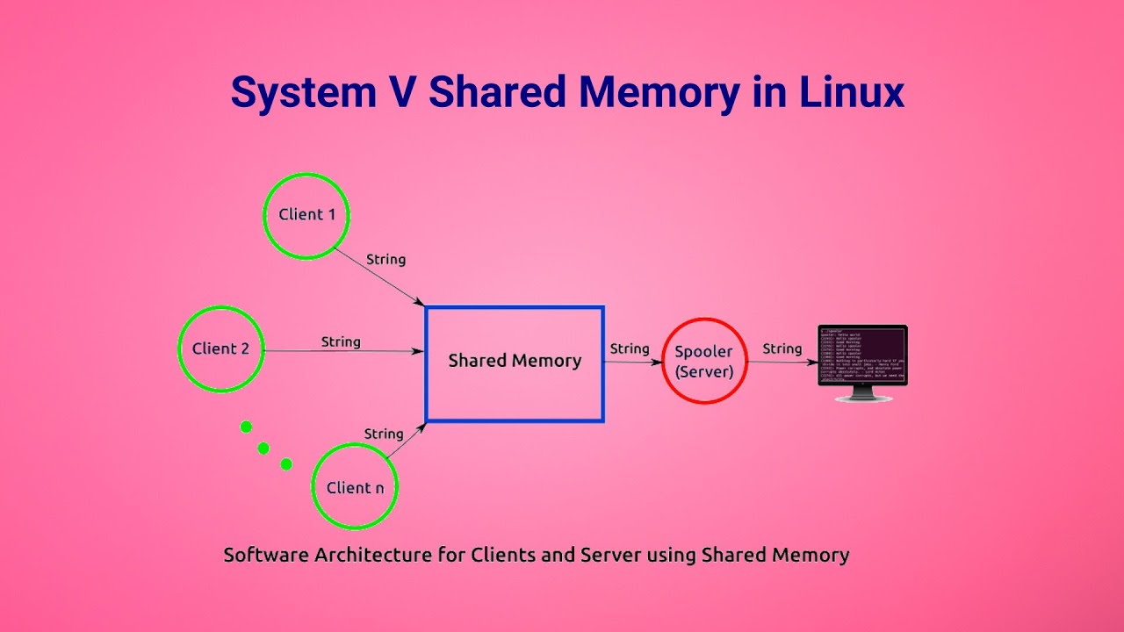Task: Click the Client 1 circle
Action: [306, 216]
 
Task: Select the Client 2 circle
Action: [220, 348]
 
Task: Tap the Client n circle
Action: [355, 487]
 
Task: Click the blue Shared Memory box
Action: [515, 363]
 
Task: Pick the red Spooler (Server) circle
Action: [704, 362]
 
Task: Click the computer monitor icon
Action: [862, 356]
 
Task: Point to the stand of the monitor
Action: [863, 396]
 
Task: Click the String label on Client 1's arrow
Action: [385, 260]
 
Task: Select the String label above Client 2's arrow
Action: [341, 341]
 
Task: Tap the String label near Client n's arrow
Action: [384, 434]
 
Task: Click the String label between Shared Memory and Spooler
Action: [630, 348]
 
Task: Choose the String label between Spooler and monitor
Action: [782, 348]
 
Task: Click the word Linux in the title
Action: [851, 92]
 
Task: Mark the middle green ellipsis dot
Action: [263, 448]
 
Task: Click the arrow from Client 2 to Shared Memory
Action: [342, 351]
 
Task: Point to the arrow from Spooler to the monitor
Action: [782, 362]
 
